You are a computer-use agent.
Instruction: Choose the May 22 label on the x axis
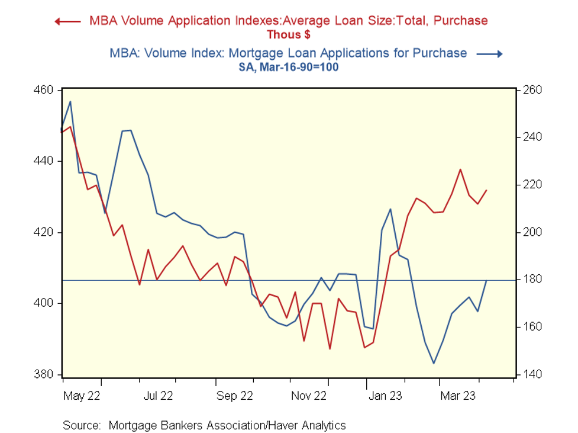(82, 395)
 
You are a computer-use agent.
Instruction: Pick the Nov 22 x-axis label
(309, 395)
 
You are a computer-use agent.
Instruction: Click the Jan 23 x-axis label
(385, 395)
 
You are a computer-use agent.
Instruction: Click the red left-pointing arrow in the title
(67, 21)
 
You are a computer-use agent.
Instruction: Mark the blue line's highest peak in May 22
(70, 101)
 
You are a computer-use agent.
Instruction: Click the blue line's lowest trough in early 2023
(434, 363)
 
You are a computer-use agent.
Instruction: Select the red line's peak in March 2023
(460, 169)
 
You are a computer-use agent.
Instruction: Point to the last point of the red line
(486, 190)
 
